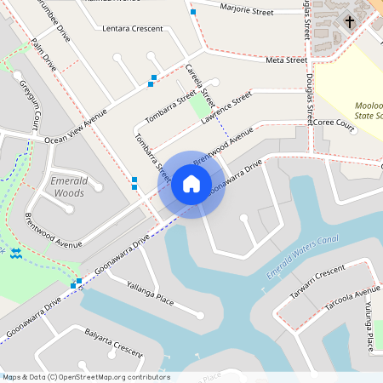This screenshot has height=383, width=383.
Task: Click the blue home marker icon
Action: [191, 184]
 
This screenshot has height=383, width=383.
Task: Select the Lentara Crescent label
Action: [132, 29]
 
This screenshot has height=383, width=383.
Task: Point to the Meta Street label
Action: [286, 60]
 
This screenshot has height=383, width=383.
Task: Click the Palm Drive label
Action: [43, 54]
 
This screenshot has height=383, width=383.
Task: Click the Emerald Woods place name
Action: [68, 186]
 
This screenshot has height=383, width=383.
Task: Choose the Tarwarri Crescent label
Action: [317, 280]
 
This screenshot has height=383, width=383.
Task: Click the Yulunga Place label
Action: [369, 331]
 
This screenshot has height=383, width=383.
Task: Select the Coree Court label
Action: [333, 123]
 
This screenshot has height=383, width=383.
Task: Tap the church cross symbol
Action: [350, 20]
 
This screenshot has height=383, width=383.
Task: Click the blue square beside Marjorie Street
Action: [193, 13]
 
